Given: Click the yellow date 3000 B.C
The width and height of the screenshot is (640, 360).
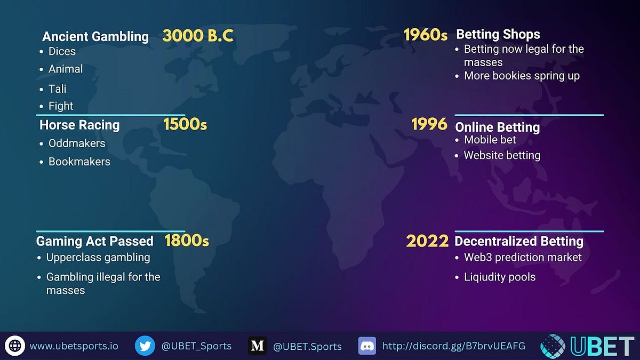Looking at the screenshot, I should point(198,36).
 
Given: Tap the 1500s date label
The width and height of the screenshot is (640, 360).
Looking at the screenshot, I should point(185,125).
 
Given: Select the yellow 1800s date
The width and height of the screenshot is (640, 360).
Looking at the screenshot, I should point(186,241).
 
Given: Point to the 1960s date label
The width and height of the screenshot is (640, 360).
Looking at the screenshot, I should point(425,35).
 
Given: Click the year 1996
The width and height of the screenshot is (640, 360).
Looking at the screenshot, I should point(429,125).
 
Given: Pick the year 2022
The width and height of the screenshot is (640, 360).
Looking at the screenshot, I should point(427,241).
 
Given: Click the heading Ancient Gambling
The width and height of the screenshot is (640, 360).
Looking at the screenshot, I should point(95,36).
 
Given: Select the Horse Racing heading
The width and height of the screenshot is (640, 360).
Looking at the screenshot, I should point(79,125).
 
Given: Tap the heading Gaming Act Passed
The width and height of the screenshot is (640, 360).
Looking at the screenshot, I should point(95,241).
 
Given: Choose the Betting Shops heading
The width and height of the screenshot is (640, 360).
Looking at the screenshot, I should point(498,35).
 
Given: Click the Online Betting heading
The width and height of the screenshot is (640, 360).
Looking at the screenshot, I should point(497,127).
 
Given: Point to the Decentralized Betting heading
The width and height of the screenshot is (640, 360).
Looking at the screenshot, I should point(519,241).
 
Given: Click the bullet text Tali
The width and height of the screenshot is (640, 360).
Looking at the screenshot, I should point(58,89).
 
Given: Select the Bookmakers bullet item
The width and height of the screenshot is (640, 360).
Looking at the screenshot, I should point(79,162).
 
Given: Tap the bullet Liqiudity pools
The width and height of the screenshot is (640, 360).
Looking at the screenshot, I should point(500,277).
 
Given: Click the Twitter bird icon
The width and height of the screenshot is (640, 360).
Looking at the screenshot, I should point(145,346).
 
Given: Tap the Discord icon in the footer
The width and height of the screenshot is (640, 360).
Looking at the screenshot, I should point(367,346).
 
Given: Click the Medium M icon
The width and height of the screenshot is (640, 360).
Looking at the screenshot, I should point(257,346).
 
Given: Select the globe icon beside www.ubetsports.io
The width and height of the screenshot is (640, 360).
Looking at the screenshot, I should point(15,346).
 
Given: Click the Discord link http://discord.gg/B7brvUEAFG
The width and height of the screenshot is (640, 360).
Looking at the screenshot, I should point(454,346).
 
